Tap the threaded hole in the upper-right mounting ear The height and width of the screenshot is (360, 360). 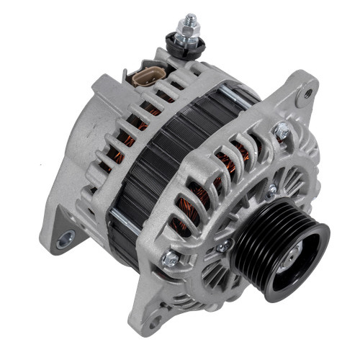point(308,93)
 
